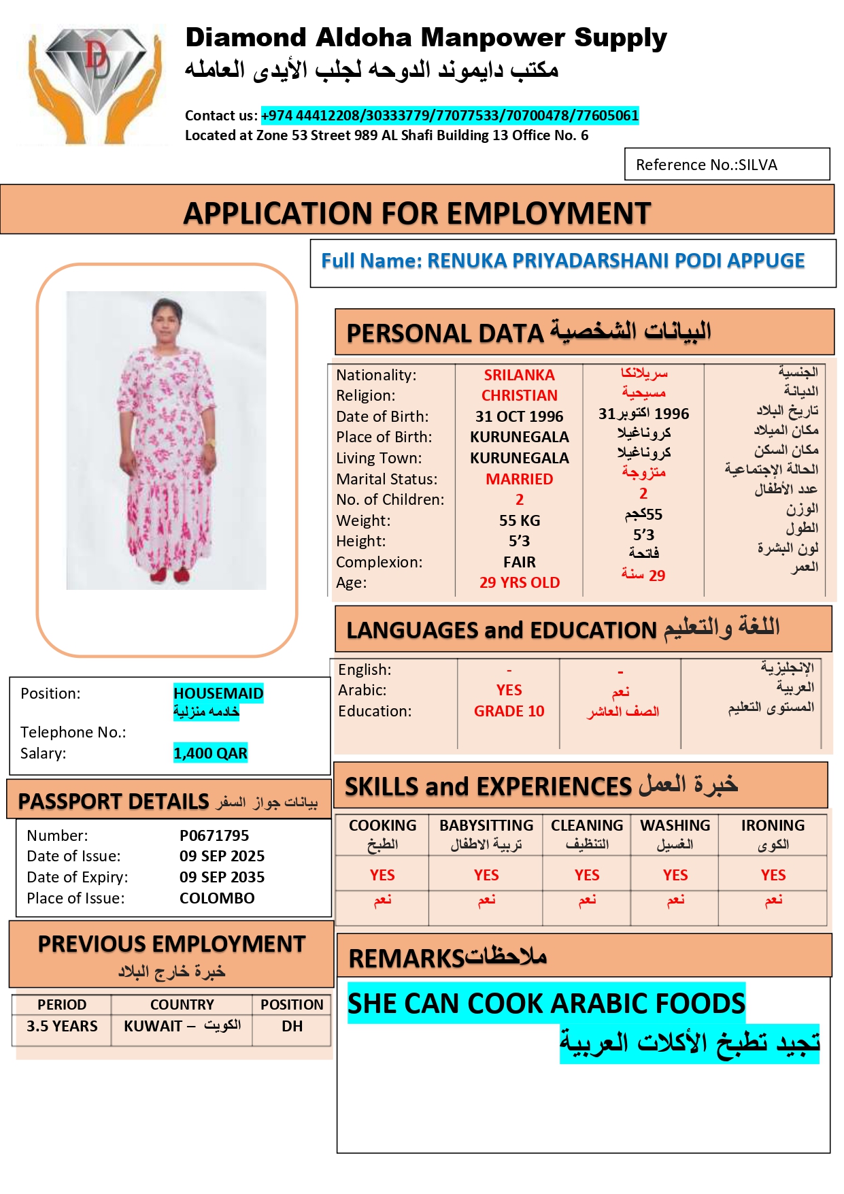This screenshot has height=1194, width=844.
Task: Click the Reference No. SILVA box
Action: pos(726,165)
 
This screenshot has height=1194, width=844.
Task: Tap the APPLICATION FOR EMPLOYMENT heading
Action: pos(417,213)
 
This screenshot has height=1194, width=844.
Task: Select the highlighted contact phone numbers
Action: pos(450,116)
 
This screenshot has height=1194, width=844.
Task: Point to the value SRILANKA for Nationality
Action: pos(519,375)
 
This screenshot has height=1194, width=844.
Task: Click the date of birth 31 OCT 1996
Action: pos(519,416)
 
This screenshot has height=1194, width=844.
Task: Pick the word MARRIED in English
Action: pos(519,479)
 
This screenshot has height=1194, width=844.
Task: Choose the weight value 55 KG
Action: pos(519,520)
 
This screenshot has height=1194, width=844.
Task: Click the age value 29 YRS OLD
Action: pos(519,582)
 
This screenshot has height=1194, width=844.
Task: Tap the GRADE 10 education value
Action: pos(509,711)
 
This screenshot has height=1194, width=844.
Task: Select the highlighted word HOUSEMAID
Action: pos(218,693)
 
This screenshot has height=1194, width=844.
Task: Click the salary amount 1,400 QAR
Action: pos(210,753)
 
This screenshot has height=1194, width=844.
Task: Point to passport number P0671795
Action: pos(214,835)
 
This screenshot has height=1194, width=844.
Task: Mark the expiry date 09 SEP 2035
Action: pos(222,877)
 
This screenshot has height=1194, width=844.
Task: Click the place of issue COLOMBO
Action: pos(217,898)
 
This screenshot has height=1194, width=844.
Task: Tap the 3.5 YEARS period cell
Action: pos(62,1026)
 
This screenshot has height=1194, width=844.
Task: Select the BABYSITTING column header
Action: pos(486,825)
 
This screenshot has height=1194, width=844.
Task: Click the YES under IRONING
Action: pos(773,875)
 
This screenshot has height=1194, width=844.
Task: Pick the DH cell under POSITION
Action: pos(292,1026)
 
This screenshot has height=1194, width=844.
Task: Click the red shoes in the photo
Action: pos(169,576)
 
